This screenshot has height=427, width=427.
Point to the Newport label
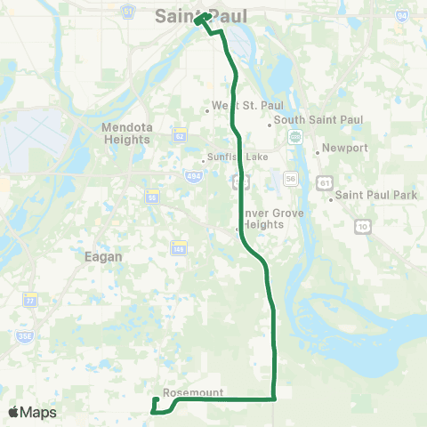point(344,148)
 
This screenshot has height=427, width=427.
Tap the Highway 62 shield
point(204,136)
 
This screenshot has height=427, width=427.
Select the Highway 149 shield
point(180,246)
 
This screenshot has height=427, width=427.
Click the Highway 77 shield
point(30,299)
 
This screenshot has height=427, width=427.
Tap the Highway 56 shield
point(290,178)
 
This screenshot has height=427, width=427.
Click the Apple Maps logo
point(32,412)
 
